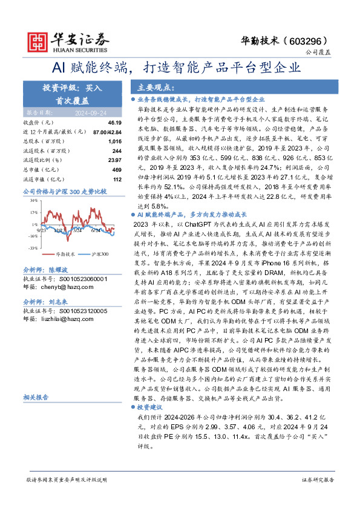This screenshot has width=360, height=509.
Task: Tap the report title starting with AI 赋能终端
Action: [180, 66]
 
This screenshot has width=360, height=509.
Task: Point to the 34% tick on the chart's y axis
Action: [34, 199]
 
